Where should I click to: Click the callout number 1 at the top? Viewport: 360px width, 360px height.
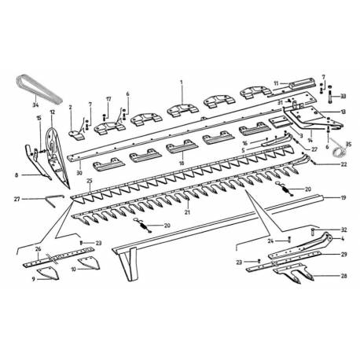[181, 83]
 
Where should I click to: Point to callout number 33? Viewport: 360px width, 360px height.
[343, 95]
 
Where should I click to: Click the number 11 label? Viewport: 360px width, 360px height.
[276, 83]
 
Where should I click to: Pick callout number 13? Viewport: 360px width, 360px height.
[343, 112]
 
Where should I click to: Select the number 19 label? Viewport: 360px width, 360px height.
[343, 199]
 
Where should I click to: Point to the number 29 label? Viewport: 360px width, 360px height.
[343, 255]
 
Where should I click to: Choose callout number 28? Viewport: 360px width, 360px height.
[343, 277]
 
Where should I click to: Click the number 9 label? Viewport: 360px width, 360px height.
[34, 278]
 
